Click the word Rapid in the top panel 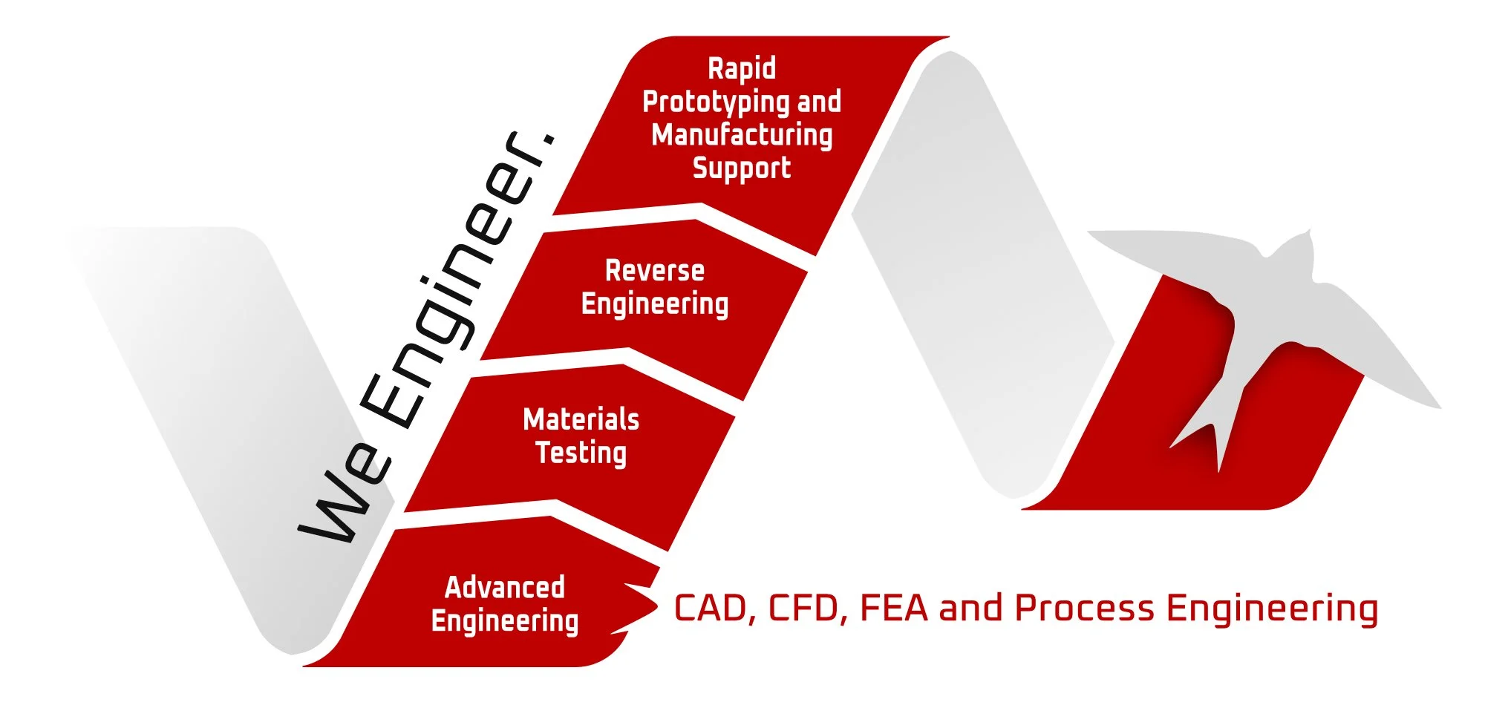742,69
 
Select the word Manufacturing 742,135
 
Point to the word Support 742,168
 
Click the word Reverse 655,271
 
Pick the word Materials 581,420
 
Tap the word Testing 581,453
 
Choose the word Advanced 505,588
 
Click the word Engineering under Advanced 505,621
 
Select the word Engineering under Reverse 655,304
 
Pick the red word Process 1084,609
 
